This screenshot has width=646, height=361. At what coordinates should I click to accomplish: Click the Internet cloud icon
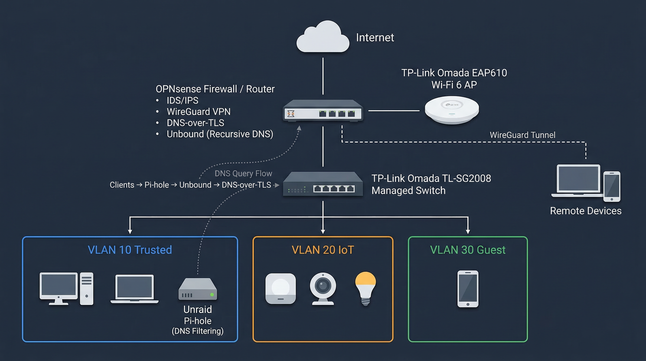click(323, 38)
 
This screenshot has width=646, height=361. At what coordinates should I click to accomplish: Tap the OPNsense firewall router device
click(323, 111)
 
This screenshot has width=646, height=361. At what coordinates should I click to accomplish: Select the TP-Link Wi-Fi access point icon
click(452, 110)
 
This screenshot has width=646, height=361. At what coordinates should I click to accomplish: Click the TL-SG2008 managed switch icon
click(323, 184)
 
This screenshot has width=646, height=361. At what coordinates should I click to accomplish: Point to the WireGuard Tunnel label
click(522, 135)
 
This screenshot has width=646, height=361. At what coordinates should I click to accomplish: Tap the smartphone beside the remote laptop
click(612, 186)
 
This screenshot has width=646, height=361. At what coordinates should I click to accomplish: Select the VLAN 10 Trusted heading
click(130, 250)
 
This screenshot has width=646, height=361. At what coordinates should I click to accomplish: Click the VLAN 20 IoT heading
click(323, 250)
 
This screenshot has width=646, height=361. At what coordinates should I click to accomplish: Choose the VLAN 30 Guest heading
click(468, 250)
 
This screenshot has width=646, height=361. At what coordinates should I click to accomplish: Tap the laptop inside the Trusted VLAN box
click(135, 289)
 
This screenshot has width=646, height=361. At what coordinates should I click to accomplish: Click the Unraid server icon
click(198, 289)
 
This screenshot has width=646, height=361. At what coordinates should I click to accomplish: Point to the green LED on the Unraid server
click(212, 295)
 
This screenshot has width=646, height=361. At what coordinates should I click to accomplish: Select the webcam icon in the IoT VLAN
click(323, 288)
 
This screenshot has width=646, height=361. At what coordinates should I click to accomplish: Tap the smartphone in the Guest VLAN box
click(468, 289)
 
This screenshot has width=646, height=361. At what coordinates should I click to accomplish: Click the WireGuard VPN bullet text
click(199, 112)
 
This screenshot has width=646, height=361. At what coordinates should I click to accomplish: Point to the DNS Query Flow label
click(243, 173)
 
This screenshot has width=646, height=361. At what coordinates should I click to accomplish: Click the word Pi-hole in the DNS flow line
click(157, 185)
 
